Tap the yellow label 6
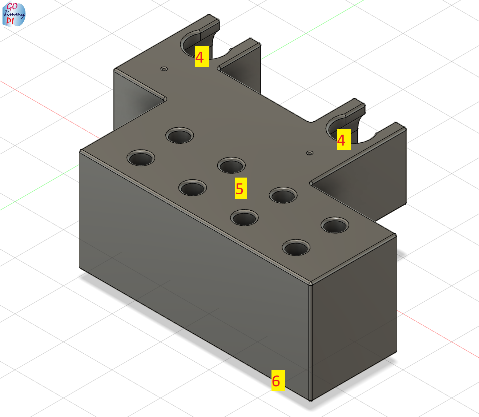(278, 381)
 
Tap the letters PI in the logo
(8, 21)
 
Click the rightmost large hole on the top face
(335, 226)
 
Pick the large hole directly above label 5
(231, 166)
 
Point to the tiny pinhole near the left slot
(164, 68)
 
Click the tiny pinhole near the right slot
(309, 153)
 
